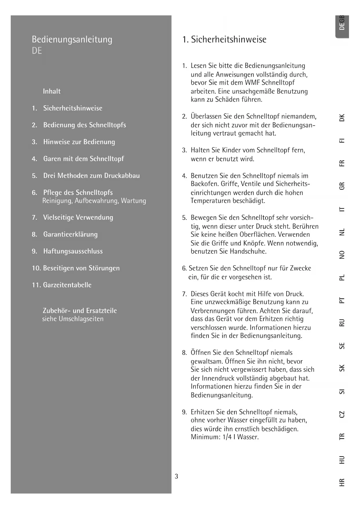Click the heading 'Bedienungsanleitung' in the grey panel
pos(72,39)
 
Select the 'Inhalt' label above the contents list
pos(52,91)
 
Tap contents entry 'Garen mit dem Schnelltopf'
pos(84,159)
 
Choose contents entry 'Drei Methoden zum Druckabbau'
pos(91,176)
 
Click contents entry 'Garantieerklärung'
pos(70,234)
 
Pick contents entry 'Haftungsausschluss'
pos(73,251)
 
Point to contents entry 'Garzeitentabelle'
pos(67,285)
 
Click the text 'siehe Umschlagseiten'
pos(73,319)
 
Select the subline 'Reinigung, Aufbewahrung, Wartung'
pos(94,201)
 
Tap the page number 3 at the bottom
pos(176,476)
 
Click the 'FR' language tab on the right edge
pos(342,163)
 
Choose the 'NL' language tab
pos(342,232)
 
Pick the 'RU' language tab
pos(342,323)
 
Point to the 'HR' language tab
pos(342,482)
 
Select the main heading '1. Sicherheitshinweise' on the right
pos(224,39)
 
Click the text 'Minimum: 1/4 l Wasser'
pos(225,437)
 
